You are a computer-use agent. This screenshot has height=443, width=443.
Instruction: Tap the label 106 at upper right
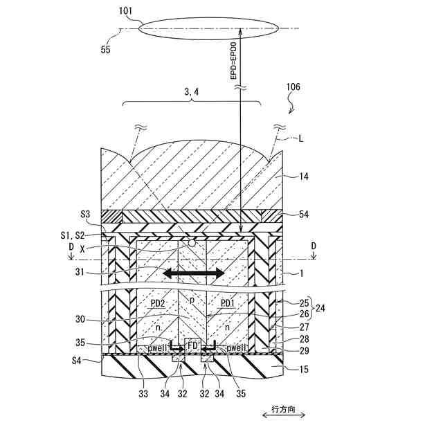[x=293, y=88]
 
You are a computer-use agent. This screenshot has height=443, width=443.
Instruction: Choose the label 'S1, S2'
[x=87, y=235]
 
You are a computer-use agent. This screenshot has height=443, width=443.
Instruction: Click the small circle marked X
[x=192, y=244]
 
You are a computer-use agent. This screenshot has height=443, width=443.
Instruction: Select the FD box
[x=193, y=345]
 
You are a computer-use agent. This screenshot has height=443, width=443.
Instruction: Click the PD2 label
[x=157, y=302]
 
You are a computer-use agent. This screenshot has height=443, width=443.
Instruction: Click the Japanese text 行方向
[x=283, y=409]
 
